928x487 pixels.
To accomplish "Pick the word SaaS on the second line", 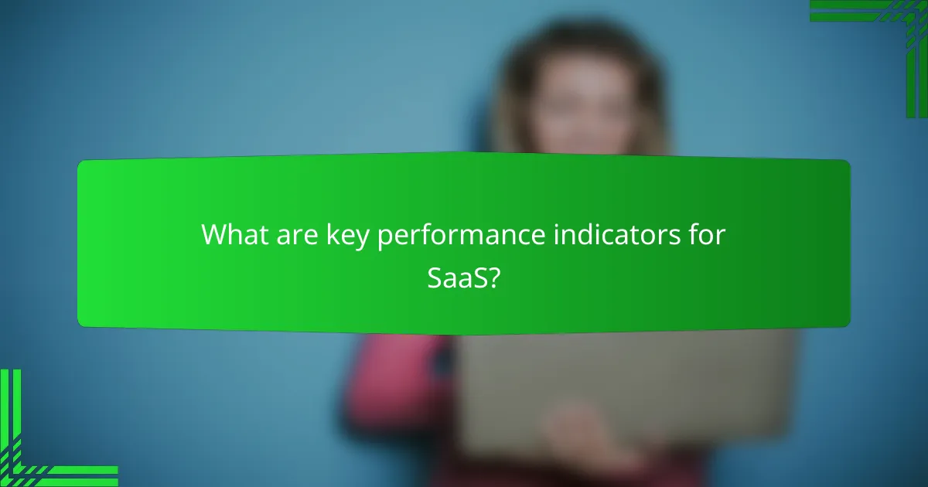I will tap(458, 278).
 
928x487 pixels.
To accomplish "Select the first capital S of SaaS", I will tap(434, 278).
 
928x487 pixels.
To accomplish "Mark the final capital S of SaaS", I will tap(479, 278).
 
